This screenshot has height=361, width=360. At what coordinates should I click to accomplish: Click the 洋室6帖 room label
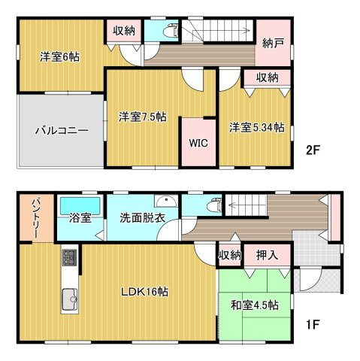coord(59,56)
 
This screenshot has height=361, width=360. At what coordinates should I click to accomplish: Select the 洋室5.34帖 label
coord(257,127)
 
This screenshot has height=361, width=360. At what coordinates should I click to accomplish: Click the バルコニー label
coord(62,130)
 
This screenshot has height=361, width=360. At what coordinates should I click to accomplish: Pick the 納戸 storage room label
coord(274,44)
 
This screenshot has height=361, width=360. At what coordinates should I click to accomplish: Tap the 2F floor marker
coord(313,150)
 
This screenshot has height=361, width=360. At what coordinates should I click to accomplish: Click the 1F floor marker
coord(313,326)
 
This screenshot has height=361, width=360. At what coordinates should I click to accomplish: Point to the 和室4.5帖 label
coord(254,305)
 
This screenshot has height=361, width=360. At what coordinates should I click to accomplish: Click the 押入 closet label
coord(267,256)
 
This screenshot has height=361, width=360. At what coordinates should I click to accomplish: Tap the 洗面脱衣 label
coord(143,219)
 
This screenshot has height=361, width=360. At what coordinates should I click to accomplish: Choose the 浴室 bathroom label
coord(80,219)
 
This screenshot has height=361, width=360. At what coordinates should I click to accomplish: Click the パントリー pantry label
coord(35,217)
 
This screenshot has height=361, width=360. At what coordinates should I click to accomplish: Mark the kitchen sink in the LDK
coord(70,299)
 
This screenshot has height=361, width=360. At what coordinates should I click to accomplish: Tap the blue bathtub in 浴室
coord(80,205)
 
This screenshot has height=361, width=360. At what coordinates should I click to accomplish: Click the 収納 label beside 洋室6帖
coord(124,30)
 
